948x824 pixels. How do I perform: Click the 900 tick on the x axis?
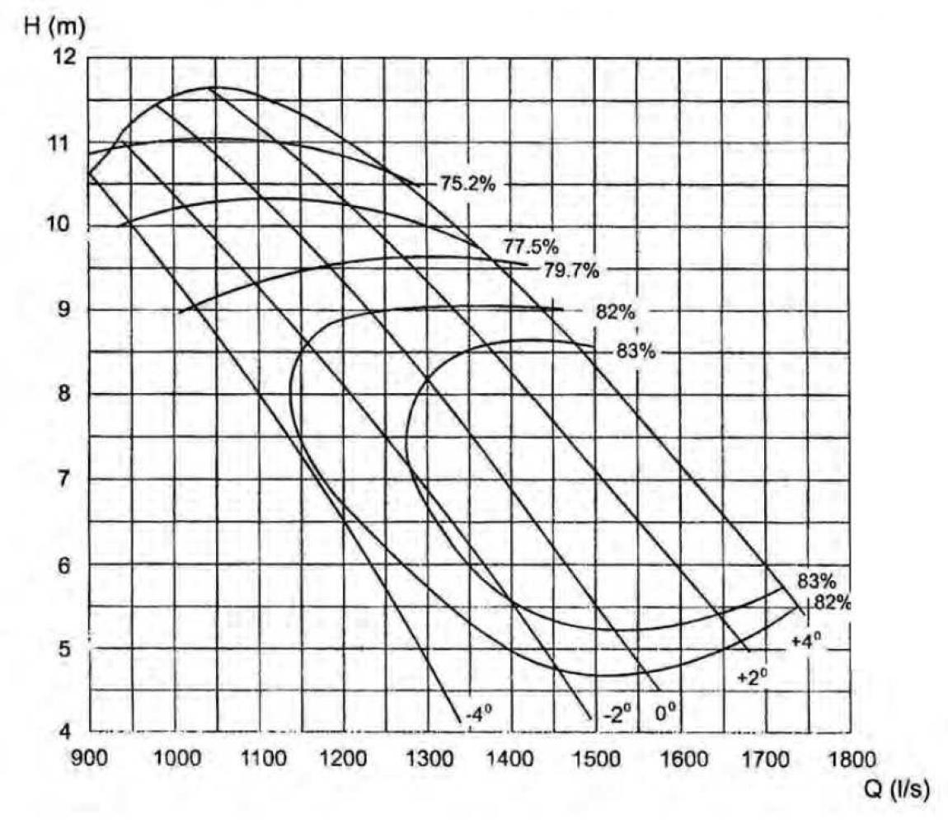[x=88, y=757]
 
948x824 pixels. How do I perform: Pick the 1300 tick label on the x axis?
[x=426, y=757]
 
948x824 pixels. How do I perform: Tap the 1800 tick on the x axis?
[x=848, y=757]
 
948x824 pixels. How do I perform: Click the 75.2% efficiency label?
[x=467, y=184]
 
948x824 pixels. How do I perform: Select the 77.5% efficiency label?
[x=530, y=246]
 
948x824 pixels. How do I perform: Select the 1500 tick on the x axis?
[x=595, y=757]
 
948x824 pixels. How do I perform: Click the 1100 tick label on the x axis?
[x=257, y=757]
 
